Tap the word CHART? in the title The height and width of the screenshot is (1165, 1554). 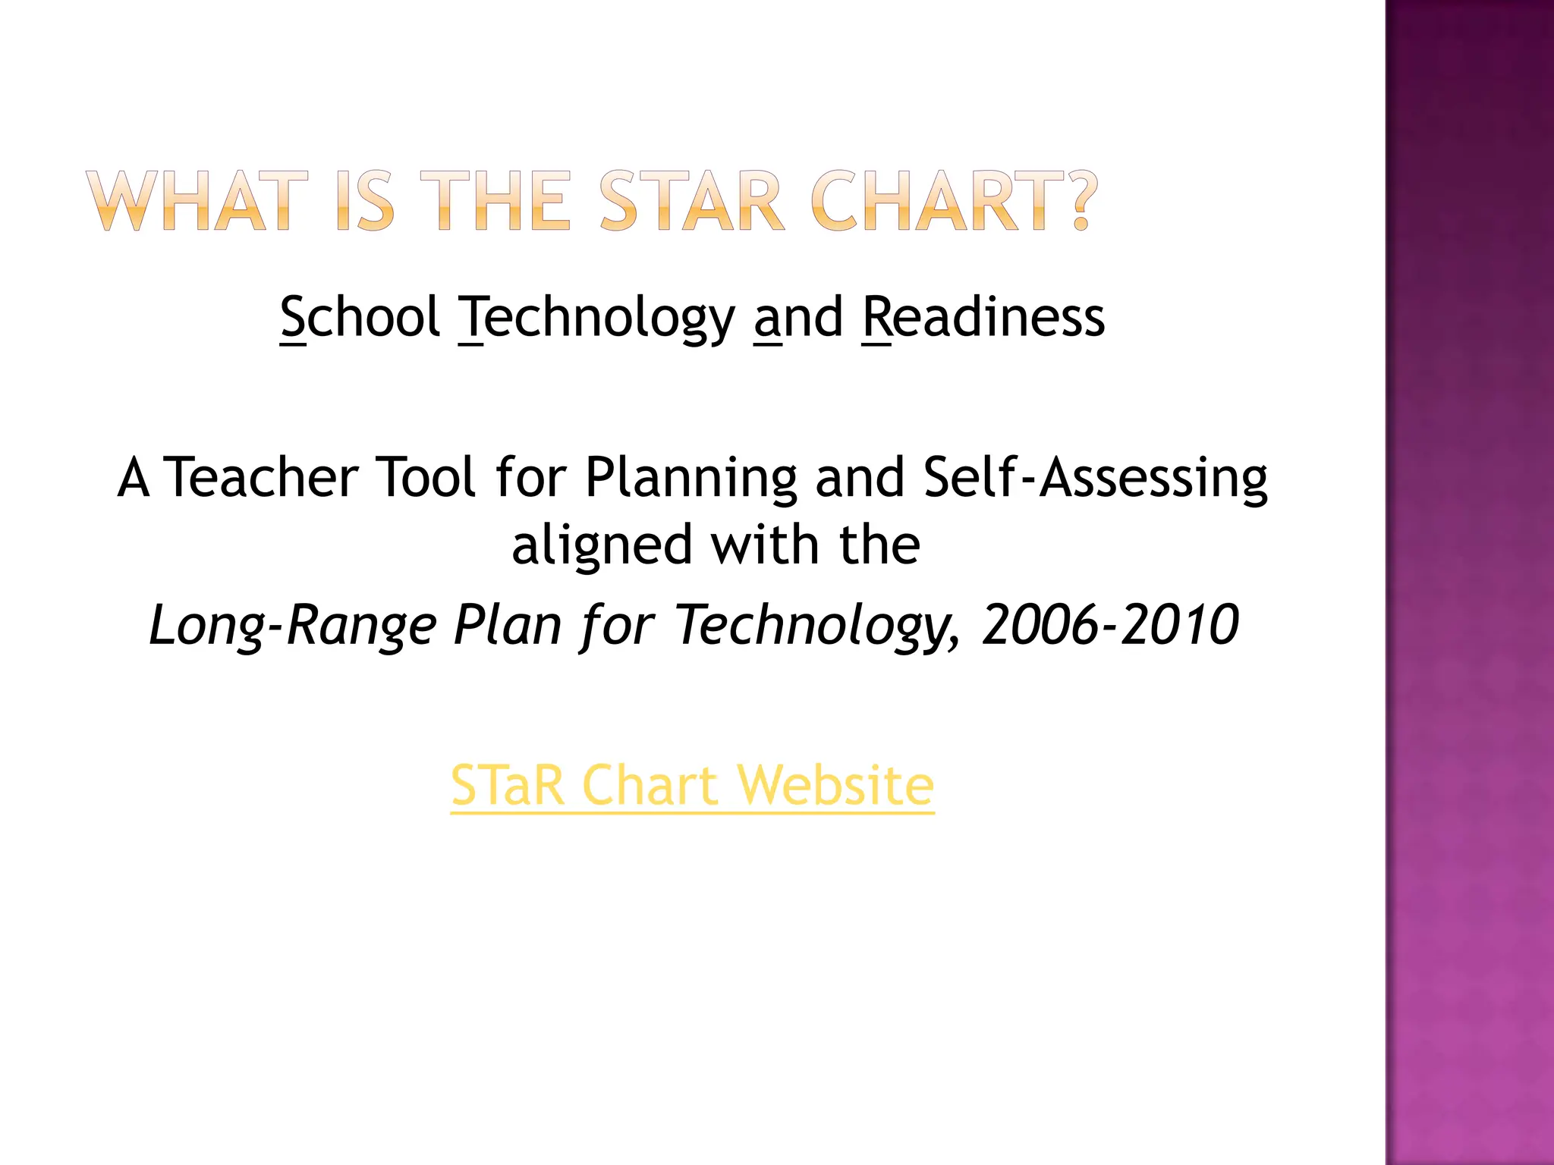click(x=954, y=201)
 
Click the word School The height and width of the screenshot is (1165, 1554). click(x=360, y=317)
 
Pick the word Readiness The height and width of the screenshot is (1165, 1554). click(x=984, y=317)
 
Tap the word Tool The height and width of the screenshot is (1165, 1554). click(x=426, y=478)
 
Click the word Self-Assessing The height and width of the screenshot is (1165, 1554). click(x=1096, y=478)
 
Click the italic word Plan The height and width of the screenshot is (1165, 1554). click(x=506, y=626)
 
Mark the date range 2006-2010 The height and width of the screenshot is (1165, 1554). click(x=1110, y=625)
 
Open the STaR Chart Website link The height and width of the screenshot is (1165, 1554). click(x=692, y=785)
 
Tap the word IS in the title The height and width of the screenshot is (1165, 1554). click(x=365, y=201)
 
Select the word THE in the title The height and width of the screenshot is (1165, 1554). click(x=495, y=201)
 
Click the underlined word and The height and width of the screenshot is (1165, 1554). click(x=798, y=317)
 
